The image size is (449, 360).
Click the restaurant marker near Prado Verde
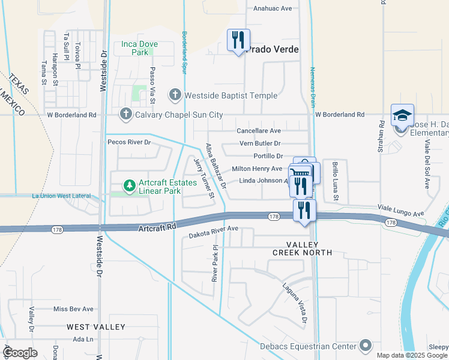pos(238,41)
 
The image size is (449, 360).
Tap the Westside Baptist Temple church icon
pos(175,95)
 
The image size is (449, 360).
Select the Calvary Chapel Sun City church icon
pos(125,113)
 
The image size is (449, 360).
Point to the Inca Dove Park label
pos(139,48)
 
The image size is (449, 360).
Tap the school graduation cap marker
pos(402,116)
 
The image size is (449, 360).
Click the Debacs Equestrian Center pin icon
pos(365,345)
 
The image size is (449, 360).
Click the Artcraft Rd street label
pos(156,227)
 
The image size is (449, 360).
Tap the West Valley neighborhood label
pos(96,327)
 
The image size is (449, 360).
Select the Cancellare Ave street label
pos(259,130)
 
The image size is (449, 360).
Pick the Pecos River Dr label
pos(128,142)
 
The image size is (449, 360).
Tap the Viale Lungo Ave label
pos(401,210)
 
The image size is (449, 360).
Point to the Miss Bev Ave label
pos(73,309)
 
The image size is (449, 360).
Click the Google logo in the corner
pos(20,353)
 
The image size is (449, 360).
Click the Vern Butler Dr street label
pos(260,143)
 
